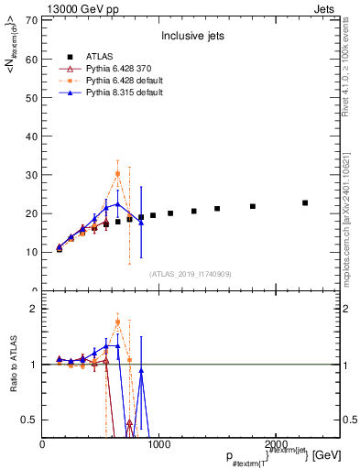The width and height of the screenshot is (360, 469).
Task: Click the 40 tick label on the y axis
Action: pyautogui.click(x=30, y=136)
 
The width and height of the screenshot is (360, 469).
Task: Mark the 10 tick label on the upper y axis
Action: pyautogui.click(x=30, y=251)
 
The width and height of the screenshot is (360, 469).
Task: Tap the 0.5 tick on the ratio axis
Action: pyautogui.click(x=28, y=420)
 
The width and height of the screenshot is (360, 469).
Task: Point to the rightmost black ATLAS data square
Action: pyautogui.click(x=305, y=202)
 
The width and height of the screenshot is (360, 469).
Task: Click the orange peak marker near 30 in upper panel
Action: pyautogui.click(x=117, y=173)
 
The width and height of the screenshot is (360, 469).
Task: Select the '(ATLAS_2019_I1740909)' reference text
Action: pyautogui.click(x=191, y=274)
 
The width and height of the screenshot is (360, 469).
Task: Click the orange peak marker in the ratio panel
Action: pyautogui.click(x=117, y=322)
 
